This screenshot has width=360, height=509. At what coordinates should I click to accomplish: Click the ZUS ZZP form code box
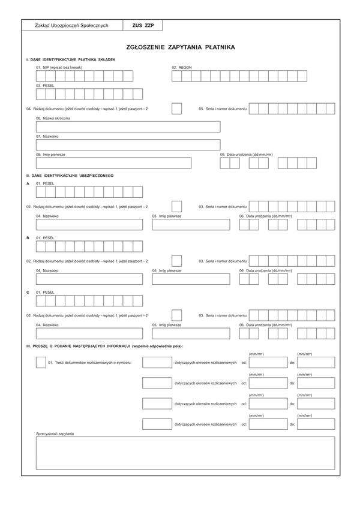pos(143,26)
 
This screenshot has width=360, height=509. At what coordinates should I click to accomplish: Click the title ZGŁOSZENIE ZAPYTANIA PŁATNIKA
pos(181,47)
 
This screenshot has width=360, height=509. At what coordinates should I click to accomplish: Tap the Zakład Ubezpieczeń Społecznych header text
pos(72,26)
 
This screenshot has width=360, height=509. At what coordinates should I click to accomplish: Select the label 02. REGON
pos(182,68)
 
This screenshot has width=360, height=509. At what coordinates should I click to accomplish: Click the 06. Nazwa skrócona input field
pos(128,127)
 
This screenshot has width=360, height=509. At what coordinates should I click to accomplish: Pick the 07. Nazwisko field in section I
pos(128,144)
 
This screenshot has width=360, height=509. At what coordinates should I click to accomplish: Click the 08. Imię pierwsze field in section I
pos(113,163)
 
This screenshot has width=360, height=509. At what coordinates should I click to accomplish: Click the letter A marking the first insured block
pos(28,183)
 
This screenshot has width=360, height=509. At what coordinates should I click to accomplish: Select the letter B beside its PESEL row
pos(28,238)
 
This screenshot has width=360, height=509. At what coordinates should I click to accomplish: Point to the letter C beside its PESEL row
pos(28,292)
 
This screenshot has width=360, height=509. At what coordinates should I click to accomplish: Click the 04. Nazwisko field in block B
pos(89,279)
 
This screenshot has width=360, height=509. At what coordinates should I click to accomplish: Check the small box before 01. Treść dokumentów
pos(41,363)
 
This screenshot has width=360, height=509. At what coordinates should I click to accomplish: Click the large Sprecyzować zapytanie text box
pos(185,453)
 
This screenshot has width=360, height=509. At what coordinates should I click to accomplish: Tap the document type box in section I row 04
pos(177,109)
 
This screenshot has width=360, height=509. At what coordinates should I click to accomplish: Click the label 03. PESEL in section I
pos(45,86)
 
